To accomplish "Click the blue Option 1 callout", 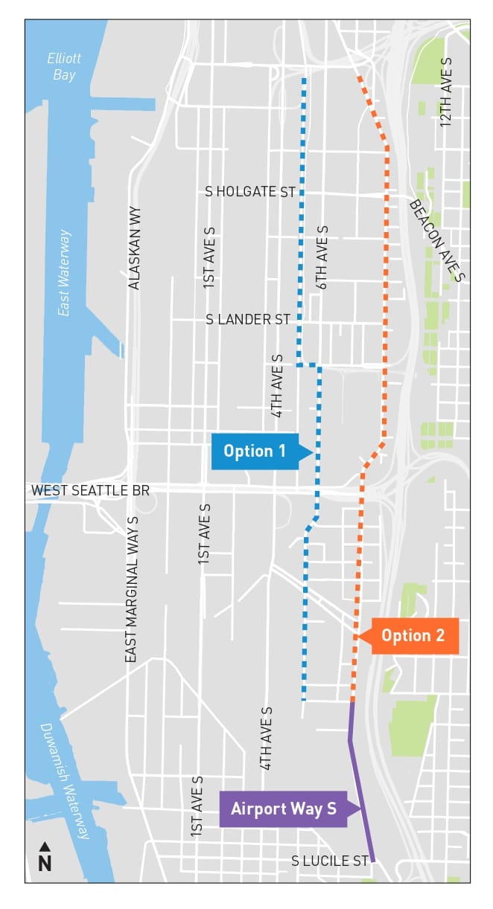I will [x=255, y=452].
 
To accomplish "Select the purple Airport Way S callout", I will [x=284, y=809].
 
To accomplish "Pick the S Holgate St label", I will [x=250, y=192].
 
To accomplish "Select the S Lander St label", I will [x=248, y=319].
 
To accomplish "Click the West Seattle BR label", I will [x=90, y=491].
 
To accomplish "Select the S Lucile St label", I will [x=330, y=861].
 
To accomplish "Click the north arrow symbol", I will [x=45, y=847].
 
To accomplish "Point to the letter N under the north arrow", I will [x=45, y=863].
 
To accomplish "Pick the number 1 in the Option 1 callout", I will [x=282, y=452].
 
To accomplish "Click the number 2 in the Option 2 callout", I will [x=439, y=636].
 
